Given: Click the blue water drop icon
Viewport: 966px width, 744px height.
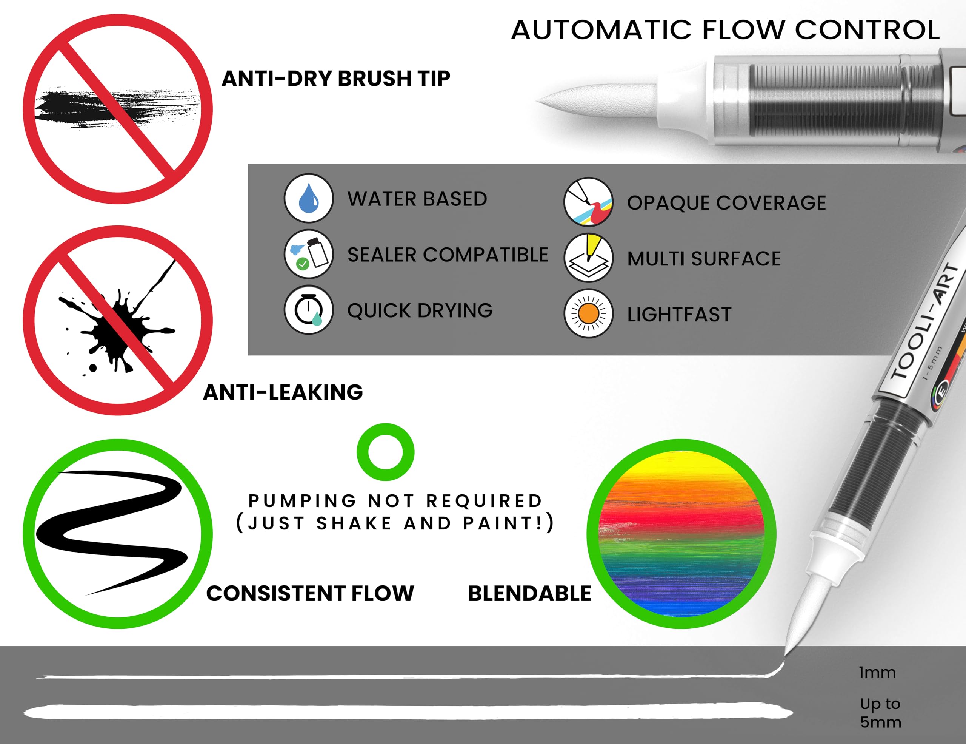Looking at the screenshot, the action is coord(308,198).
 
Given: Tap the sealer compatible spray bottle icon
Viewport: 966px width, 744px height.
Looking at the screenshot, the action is coord(308,254).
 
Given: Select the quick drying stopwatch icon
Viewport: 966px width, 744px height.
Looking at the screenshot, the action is coord(308,310).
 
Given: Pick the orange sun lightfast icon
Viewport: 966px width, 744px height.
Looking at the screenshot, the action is coord(588,314).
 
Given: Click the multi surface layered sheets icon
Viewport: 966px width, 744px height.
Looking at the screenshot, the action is coord(588,258).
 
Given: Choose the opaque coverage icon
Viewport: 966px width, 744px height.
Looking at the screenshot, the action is coord(588,202).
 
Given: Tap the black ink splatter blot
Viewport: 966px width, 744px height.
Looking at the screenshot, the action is coord(117,325).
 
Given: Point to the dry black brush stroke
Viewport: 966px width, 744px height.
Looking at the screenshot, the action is coord(117,108).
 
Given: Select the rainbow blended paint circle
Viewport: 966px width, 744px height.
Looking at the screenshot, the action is coord(681,534).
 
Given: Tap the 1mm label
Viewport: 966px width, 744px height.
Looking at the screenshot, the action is coord(877,672).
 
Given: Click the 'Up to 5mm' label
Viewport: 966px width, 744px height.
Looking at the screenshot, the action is coord(880,713).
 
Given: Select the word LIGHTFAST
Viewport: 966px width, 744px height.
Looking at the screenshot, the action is coord(679,315).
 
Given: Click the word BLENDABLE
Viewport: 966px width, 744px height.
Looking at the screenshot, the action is coord(529,594).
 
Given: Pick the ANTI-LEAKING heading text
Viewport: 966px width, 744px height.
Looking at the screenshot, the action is coord(283,392).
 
